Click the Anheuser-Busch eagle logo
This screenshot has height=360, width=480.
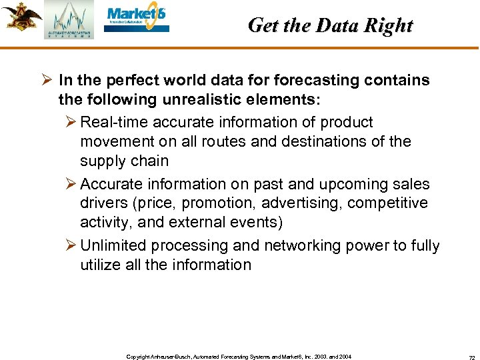pos(21,16)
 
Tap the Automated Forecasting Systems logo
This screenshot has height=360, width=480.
pos(69,21)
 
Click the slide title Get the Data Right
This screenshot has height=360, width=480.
pos(330,25)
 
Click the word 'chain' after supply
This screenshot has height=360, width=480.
pos(150,161)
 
